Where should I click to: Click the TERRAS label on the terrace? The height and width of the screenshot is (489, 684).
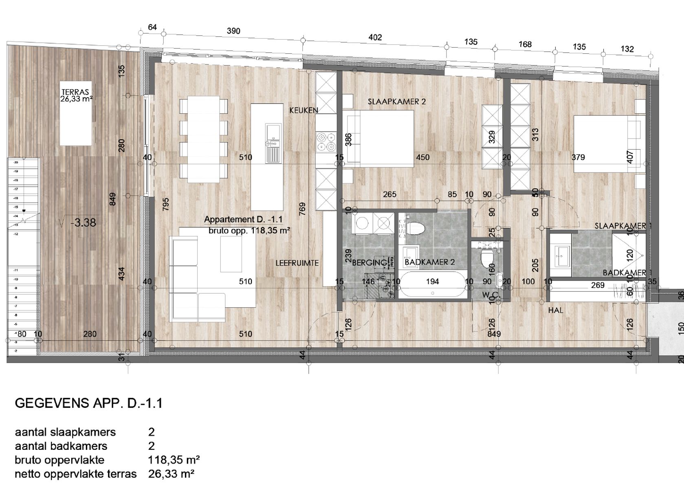tap(75, 92)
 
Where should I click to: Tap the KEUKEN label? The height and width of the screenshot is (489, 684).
tap(304, 110)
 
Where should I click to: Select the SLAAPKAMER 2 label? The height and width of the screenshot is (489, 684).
tap(396, 101)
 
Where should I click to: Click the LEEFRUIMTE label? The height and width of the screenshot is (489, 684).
tap(297, 263)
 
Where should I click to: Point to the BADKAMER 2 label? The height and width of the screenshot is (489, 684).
tap(429, 262)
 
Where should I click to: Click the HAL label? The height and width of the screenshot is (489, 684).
tap(555, 310)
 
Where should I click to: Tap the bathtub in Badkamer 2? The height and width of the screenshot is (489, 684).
tap(432, 286)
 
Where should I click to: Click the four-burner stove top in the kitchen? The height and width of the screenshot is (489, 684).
tap(326, 143)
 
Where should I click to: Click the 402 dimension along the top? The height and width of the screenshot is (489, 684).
tap(375, 37)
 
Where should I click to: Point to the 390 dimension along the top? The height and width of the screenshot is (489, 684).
tap(233, 31)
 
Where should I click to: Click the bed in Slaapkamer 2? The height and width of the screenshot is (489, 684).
tap(377, 139)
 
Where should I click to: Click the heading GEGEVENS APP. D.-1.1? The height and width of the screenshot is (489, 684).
tap(88, 403)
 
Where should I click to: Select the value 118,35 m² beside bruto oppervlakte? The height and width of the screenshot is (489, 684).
tap(174, 460)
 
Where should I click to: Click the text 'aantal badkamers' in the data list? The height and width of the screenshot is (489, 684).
tap(61, 446)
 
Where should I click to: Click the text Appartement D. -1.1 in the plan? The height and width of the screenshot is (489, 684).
tap(243, 219)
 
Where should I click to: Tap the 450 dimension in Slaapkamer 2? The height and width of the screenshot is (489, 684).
tap(422, 157)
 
